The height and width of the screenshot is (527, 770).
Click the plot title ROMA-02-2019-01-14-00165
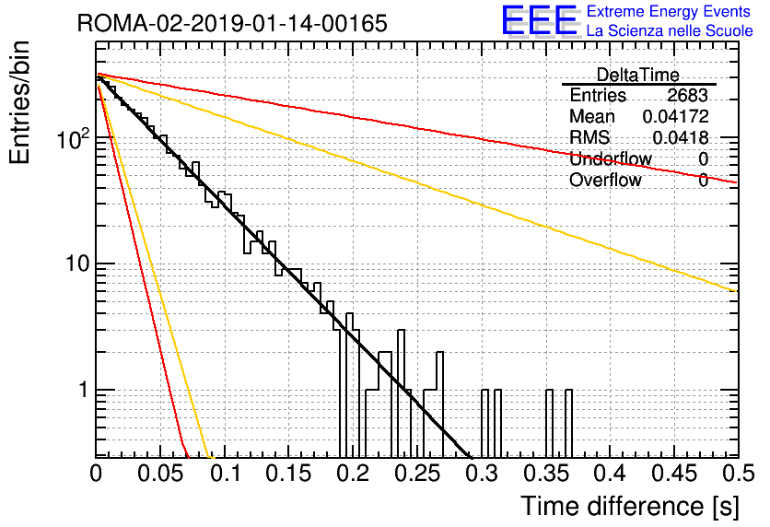pyautogui.click(x=232, y=23)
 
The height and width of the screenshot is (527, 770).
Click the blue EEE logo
pyautogui.click(x=540, y=20)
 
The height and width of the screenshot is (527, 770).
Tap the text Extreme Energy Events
pyautogui.click(x=669, y=11)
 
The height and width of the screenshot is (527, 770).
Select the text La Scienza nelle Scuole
pyautogui.click(x=670, y=31)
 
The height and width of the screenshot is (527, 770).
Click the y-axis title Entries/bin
pyautogui.click(x=19, y=102)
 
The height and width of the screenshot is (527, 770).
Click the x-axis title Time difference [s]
pyautogui.click(x=630, y=507)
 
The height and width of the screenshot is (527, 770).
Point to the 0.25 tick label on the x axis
pyautogui.click(x=418, y=474)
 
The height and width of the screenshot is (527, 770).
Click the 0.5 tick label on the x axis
pyautogui.click(x=737, y=474)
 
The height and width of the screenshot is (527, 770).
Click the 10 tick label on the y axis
pyautogui.click(x=77, y=263)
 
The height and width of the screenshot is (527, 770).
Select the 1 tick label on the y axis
pyautogui.click(x=83, y=390)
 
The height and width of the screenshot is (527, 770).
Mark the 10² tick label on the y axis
pyautogui.click(x=74, y=138)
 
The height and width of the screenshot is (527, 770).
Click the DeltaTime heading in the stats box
pyautogui.click(x=637, y=75)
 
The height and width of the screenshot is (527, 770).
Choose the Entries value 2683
pyautogui.click(x=687, y=95)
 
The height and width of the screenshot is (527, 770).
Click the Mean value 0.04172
pyautogui.click(x=676, y=116)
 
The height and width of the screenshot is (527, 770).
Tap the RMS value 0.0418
pyautogui.click(x=681, y=138)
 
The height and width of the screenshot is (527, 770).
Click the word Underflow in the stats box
pyautogui.click(x=611, y=159)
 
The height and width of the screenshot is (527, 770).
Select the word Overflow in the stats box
pyautogui.click(x=605, y=181)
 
